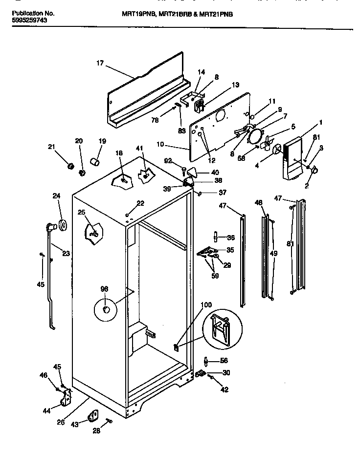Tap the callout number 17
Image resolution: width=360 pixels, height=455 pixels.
point(100,63)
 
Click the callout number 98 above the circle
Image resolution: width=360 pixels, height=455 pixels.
point(104,289)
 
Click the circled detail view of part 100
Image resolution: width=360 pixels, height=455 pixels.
point(221,328)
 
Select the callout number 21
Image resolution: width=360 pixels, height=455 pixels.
point(52,147)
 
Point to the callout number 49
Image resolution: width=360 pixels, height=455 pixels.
point(273,254)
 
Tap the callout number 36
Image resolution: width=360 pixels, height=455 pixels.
point(230,238)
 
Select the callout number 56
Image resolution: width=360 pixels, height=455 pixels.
point(224,361)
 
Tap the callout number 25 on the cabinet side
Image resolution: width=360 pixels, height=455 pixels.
point(81,212)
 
